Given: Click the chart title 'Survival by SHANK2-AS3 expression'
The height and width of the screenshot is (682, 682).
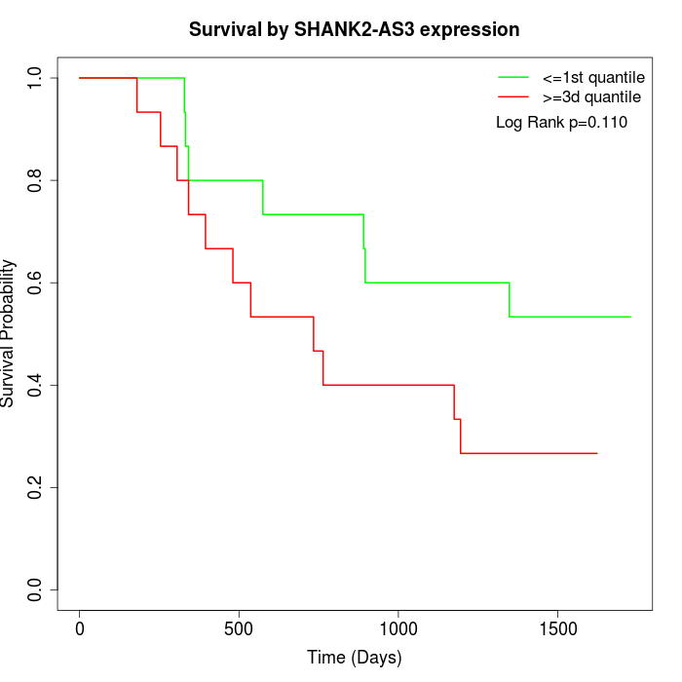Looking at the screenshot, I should (x=354, y=29).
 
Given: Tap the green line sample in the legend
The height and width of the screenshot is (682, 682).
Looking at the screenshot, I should (x=513, y=77).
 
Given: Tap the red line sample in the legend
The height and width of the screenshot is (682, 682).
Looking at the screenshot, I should (x=513, y=97).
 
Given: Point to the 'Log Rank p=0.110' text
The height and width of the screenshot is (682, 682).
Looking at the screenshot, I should (x=561, y=123).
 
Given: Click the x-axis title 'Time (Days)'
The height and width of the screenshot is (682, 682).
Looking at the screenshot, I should (x=354, y=658).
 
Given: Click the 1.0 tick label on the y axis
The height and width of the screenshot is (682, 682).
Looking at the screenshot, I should (x=36, y=78).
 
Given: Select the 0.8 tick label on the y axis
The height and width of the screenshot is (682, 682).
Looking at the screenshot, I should (x=36, y=180).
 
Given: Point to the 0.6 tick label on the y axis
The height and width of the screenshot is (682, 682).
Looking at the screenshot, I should (x=36, y=283).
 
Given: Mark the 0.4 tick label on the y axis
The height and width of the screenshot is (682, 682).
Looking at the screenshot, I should (x=36, y=385).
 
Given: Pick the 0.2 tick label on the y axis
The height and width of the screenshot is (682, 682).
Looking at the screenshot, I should (x=36, y=487).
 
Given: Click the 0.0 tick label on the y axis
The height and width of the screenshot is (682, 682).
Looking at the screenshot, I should (x=36, y=589).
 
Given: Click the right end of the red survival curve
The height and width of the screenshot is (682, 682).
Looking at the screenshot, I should (x=596, y=453).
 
